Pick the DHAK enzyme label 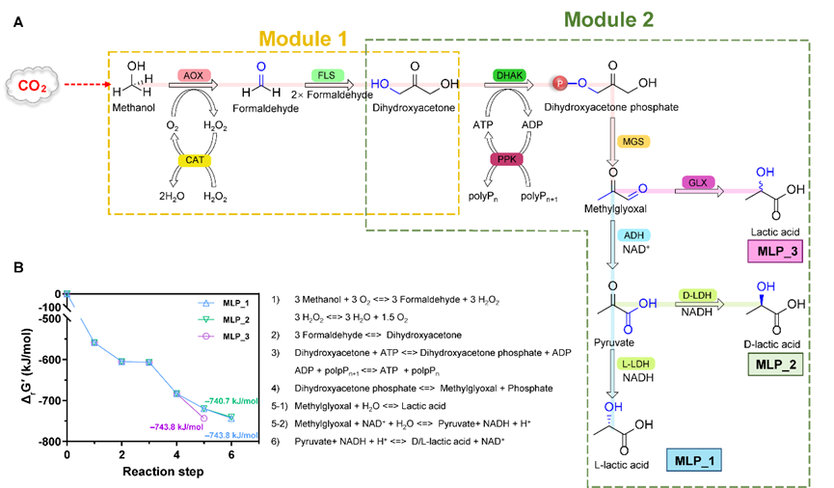coord(508,74)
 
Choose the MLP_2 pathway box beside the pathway coord(774,365)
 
